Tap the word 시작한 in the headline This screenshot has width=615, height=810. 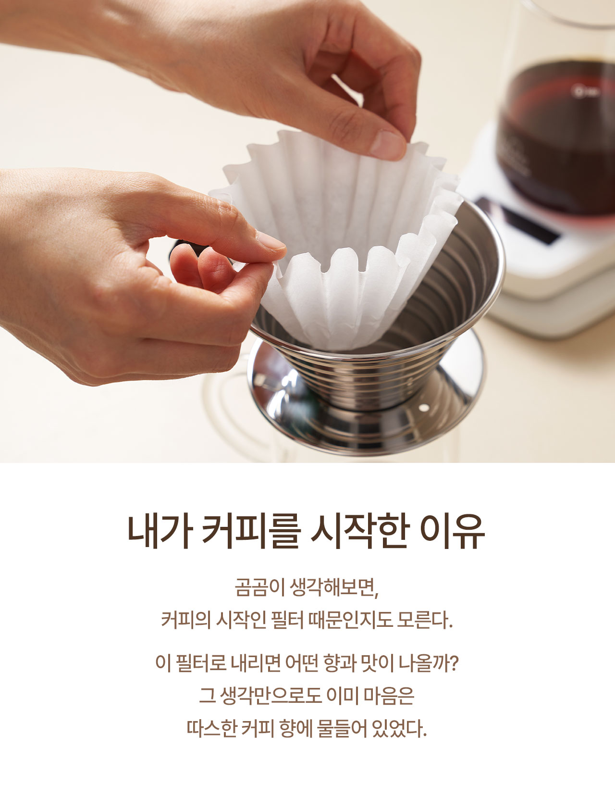point(360,532)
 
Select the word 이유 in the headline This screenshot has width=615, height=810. point(453,532)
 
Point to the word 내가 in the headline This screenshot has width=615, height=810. point(160,532)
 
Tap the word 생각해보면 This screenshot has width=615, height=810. point(335,588)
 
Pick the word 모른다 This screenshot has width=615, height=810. point(426,620)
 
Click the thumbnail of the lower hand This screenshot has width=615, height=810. point(271,241)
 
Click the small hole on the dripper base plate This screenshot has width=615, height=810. point(423,408)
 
